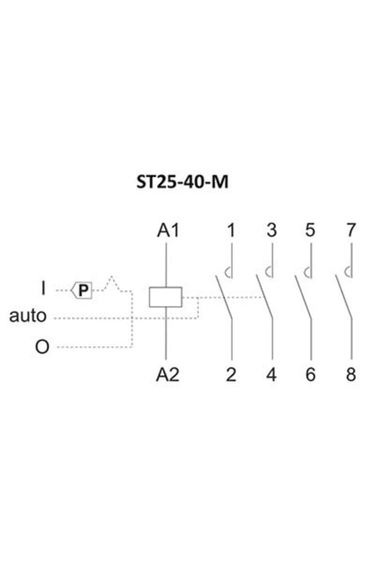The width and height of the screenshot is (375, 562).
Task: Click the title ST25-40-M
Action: click(182, 182)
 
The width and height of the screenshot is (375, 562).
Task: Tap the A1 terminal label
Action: click(168, 230)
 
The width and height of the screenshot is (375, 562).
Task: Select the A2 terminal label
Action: click(168, 375)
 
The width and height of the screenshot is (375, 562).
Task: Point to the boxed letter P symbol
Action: click(82, 290)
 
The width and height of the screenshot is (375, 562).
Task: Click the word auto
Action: click(28, 316)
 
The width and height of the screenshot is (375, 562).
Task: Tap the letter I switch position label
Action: click(44, 288)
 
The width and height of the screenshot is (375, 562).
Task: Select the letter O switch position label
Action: click(42, 347)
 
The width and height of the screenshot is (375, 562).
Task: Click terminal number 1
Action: click(232, 230)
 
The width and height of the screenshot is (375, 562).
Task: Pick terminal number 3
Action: click(272, 230)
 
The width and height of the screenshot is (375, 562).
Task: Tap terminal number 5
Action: click(310, 230)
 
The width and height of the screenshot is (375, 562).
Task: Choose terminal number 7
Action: click(351, 230)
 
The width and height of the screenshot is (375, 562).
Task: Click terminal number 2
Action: click(231, 375)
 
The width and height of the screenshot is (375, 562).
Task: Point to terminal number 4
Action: click(272, 375)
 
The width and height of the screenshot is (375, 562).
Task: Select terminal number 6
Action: click(310, 375)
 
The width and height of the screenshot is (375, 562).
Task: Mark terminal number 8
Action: click(351, 375)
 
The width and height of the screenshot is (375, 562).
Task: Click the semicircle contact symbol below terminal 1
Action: click(226, 273)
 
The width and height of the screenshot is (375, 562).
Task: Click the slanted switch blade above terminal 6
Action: click(303, 297)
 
